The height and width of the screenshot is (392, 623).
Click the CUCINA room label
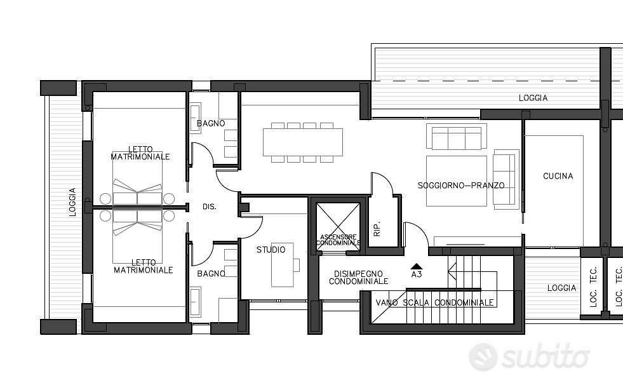tap(558, 176)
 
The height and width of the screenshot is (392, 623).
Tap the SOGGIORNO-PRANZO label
tap(461, 186)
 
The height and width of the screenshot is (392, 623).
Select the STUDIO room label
tap(271, 250)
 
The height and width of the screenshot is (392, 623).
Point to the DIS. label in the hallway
tap(210, 206)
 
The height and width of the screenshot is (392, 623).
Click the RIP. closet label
tap(377, 229)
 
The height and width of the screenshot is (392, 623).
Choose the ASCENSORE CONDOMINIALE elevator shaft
tap(338, 227)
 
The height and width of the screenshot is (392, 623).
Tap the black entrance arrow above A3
tap(416, 267)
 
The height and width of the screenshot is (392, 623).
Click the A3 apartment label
tap(417, 274)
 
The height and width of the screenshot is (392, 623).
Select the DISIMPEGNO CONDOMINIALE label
tap(358, 278)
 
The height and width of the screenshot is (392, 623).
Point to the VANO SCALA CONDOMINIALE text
tap(434, 302)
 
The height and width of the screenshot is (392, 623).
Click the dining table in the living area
tap(303, 142)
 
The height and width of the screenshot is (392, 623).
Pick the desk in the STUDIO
tap(283, 265)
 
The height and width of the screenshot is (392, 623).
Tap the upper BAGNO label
tap(211, 123)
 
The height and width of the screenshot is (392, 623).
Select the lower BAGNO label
tap(211, 274)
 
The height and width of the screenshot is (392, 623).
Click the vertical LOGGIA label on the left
tap(72, 202)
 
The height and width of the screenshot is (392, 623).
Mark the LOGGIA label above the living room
tap(533, 98)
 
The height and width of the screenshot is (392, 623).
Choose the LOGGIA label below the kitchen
tap(561, 288)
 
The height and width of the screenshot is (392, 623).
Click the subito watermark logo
tap(529, 356)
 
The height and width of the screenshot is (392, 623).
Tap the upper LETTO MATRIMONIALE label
tap(140, 152)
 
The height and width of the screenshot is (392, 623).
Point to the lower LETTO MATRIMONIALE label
tap(144, 266)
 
